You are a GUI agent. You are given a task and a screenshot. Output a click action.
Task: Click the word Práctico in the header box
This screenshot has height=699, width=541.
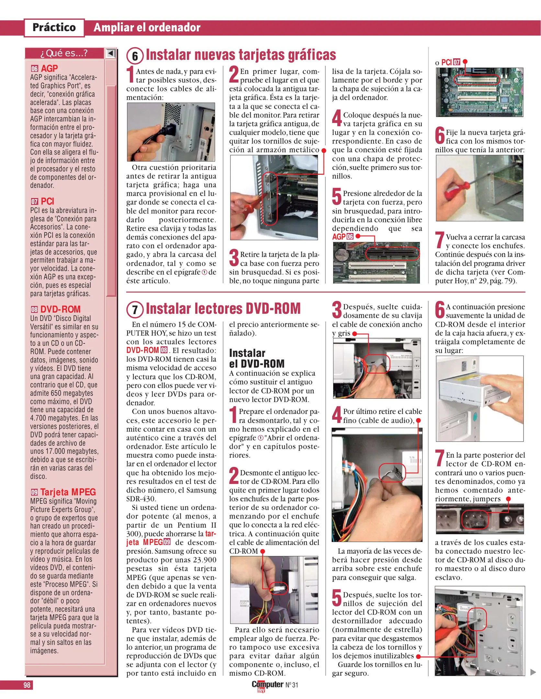pos(54,28)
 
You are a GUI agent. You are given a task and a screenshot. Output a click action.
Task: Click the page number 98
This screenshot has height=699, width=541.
pos(27,685)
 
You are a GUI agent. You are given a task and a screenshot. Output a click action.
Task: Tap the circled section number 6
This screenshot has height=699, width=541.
pos(135,56)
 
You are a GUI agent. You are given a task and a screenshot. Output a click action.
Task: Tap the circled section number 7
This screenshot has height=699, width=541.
pos(135,310)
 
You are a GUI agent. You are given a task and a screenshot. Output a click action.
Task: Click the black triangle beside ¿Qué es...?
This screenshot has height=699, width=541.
pos(111,53)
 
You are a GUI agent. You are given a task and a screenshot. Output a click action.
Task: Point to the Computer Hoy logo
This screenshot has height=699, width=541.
pos(267,686)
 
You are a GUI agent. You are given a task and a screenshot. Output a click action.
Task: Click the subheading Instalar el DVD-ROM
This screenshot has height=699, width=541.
pos(257,358)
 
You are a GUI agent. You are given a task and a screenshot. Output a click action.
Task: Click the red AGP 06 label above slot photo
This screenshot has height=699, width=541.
pos(343,237)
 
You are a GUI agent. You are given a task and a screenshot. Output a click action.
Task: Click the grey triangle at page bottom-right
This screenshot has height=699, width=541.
pos(533,672)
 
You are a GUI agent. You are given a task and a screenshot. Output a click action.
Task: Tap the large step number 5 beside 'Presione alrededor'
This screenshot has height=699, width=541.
pos(337,196)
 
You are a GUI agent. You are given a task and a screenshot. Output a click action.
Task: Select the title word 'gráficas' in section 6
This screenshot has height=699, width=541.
pos(312,55)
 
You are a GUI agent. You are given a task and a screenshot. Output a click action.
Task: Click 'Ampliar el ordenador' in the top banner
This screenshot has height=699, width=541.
pos(147,28)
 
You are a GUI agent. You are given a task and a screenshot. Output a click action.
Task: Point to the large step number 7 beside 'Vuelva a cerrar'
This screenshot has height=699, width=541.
pos(440,240)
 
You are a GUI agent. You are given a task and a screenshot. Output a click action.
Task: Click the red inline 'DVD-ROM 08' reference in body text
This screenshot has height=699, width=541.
pos(147,350)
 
